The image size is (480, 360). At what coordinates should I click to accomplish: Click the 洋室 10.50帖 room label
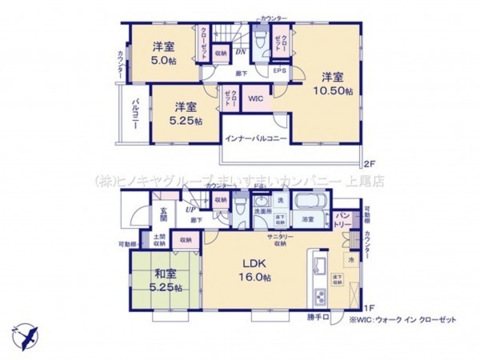pos(333,83)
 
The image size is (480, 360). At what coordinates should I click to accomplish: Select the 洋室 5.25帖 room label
pos(186,113)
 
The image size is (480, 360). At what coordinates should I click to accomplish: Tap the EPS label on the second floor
pos(280,70)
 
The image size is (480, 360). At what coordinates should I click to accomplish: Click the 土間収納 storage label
pos(159,239)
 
